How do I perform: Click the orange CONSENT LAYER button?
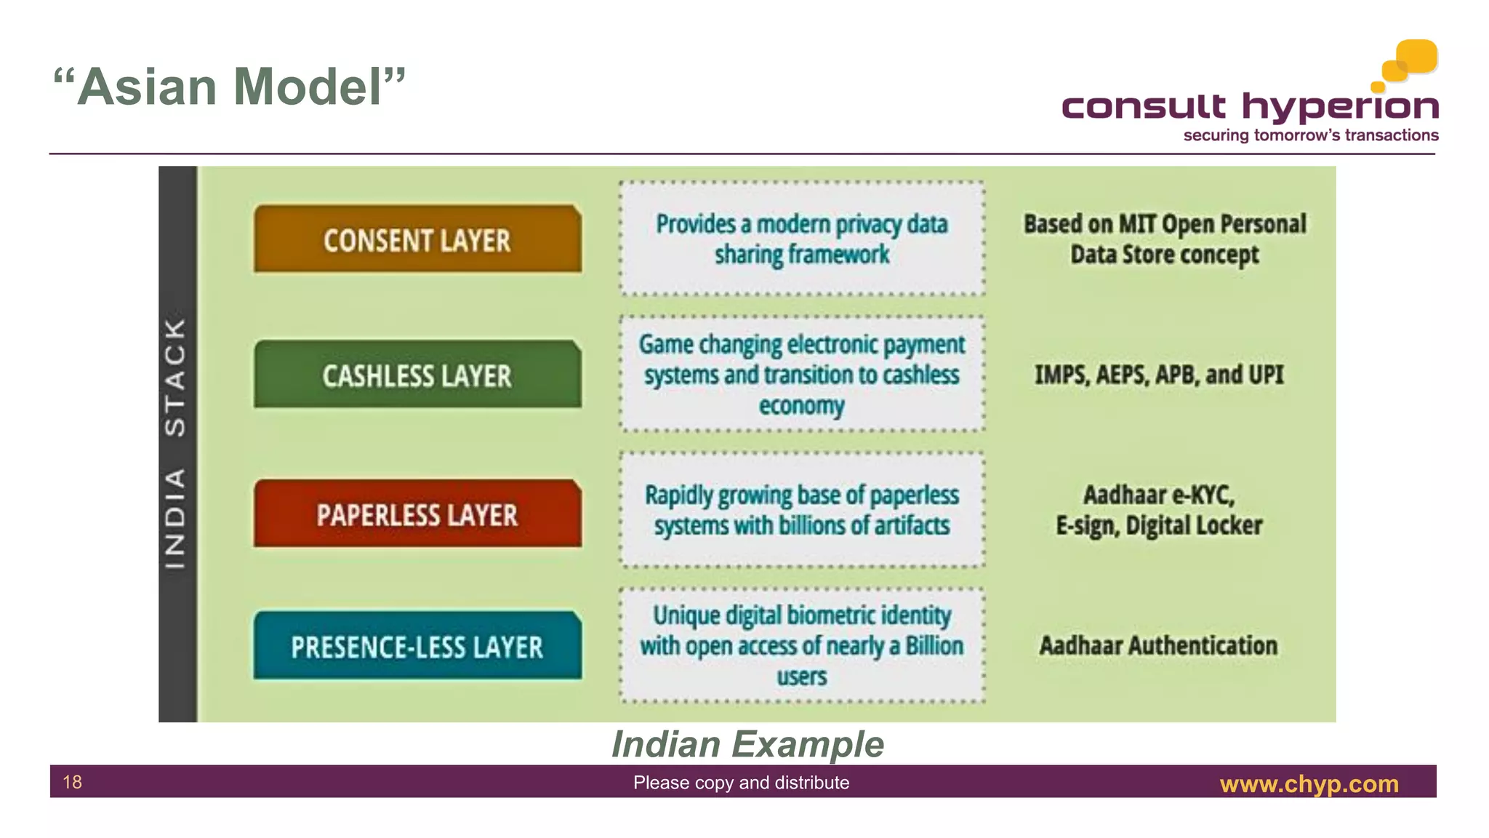pyautogui.click(x=417, y=240)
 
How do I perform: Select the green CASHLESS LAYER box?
pyautogui.click(x=417, y=375)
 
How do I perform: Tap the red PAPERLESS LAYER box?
pyautogui.click(x=417, y=514)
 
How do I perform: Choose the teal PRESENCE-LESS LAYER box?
pyautogui.click(x=417, y=647)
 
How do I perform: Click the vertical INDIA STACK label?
pyautogui.click(x=177, y=444)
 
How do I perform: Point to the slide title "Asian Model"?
pyautogui.click(x=230, y=87)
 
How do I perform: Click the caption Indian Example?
pyautogui.click(x=747, y=744)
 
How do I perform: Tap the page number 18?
pyautogui.click(x=73, y=782)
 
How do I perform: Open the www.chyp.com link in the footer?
pyautogui.click(x=1309, y=784)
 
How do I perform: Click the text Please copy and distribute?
pyautogui.click(x=741, y=783)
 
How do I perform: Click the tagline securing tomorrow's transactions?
pyautogui.click(x=1310, y=135)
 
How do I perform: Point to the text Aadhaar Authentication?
pyautogui.click(x=1158, y=645)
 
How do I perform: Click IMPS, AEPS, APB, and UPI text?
pyautogui.click(x=1159, y=375)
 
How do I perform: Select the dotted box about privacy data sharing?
pyautogui.click(x=802, y=239)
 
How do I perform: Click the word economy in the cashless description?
pyautogui.click(x=802, y=406)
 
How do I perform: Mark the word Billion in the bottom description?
pyautogui.click(x=934, y=646)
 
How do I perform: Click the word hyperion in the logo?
pyautogui.click(x=1340, y=108)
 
